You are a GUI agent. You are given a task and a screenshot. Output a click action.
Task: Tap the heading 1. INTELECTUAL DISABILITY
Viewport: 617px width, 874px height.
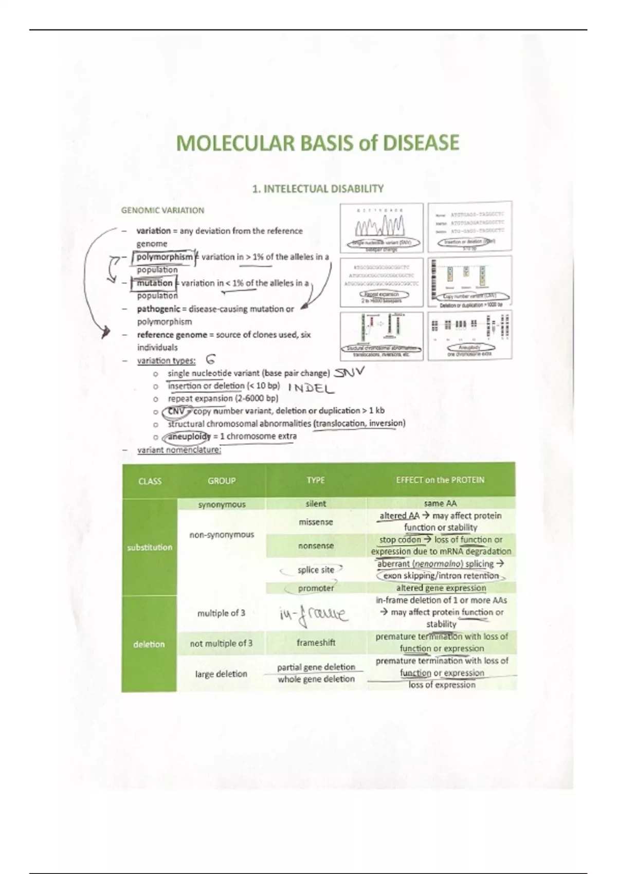(318, 189)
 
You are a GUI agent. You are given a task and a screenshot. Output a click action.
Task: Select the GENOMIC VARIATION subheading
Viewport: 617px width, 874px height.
(162, 210)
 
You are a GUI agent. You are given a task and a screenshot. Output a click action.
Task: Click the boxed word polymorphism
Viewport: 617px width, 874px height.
(165, 257)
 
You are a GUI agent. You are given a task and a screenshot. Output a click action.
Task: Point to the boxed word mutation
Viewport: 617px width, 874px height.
(155, 283)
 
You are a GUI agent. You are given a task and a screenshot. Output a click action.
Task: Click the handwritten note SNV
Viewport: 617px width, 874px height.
(349, 372)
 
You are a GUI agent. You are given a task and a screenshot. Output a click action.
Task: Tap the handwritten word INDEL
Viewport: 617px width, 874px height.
(311, 388)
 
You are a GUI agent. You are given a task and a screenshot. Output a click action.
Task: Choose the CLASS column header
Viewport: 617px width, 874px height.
(150, 481)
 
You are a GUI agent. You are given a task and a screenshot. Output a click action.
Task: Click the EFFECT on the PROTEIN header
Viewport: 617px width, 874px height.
(440, 480)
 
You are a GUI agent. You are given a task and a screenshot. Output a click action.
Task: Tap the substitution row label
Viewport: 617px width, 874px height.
(150, 547)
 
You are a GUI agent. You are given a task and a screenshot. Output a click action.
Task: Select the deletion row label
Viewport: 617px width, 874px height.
(149, 644)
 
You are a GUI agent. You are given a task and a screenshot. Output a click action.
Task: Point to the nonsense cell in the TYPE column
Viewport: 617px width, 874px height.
(316, 546)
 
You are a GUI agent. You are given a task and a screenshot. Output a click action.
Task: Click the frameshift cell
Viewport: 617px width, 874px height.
(316, 643)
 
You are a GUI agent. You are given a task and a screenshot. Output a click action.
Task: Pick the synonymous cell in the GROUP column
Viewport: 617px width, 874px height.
(222, 504)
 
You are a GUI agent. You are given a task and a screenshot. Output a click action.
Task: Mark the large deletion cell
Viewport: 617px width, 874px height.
(221, 673)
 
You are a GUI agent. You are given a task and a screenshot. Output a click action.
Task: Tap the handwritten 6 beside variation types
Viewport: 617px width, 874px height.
(210, 360)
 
